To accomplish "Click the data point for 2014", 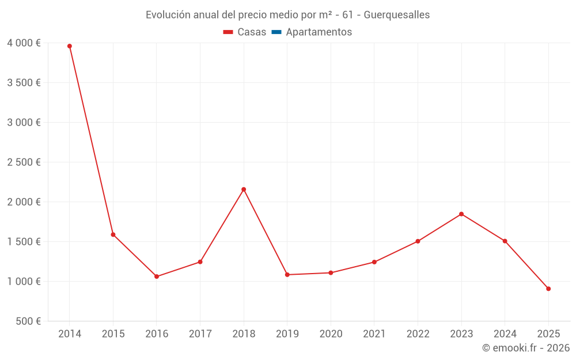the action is click(70, 46).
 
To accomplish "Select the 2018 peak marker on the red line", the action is click(244, 190).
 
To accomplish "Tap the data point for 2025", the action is click(548, 289).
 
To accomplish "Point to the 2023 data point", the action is click(461, 214).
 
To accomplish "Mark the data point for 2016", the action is click(157, 276).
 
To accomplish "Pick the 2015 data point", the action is click(113, 235).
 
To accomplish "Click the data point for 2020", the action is click(331, 273).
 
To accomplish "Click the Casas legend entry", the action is click(245, 32).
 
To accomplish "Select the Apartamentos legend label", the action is click(319, 32).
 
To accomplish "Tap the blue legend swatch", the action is click(276, 32).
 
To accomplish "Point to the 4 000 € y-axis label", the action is click(24, 43).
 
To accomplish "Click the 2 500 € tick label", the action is click(24, 162).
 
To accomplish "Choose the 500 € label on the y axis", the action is click(28, 321).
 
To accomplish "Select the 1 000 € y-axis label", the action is click(24, 282).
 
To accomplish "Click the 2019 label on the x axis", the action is click(287, 334).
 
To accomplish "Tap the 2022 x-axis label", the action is click(418, 334).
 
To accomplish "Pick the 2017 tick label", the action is click(200, 334).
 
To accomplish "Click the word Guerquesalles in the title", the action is click(397, 15).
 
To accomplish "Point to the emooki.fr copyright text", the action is click(526, 347).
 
